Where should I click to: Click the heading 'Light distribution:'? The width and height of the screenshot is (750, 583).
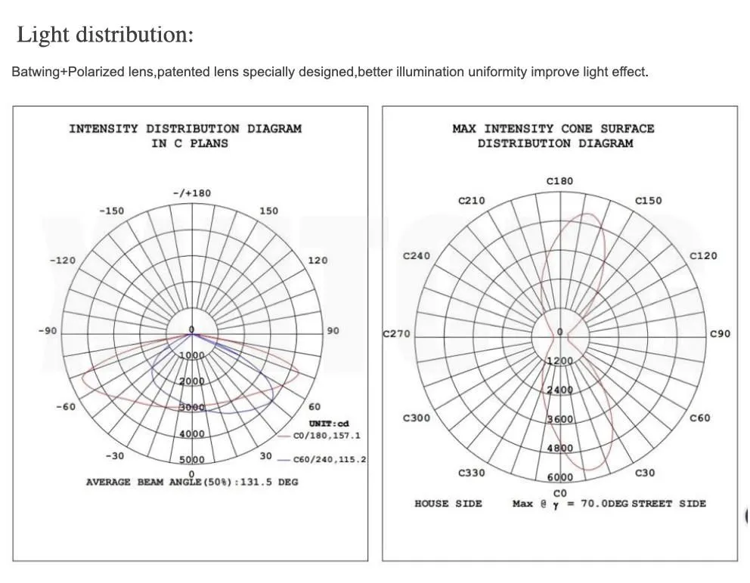105,35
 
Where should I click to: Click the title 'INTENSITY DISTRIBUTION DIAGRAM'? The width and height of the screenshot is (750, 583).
185,128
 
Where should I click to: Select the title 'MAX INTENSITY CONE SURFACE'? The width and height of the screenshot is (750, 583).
553,128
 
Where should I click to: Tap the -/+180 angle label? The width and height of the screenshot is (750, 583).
191,193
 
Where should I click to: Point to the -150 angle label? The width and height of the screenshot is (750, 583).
112,211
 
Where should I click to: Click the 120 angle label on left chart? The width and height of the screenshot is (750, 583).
318,261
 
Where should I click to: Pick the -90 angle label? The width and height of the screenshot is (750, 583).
47,331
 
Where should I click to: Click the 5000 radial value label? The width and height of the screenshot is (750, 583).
191,459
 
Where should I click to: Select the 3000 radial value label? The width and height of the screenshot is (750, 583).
191,408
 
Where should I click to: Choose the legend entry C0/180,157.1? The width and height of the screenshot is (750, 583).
327,436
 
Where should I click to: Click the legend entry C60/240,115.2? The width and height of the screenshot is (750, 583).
330,459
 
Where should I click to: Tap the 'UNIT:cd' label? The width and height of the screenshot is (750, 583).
329,424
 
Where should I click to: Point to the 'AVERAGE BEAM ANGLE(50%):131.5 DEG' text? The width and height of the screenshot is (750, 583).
192,482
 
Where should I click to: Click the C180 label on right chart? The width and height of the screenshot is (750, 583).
559,181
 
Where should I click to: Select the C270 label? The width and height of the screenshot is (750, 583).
397,334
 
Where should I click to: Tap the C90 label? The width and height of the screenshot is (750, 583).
720,334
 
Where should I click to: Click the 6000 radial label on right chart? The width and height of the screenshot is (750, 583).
559,477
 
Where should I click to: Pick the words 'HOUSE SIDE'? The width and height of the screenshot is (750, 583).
448,504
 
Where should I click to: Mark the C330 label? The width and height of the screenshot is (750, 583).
472,473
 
